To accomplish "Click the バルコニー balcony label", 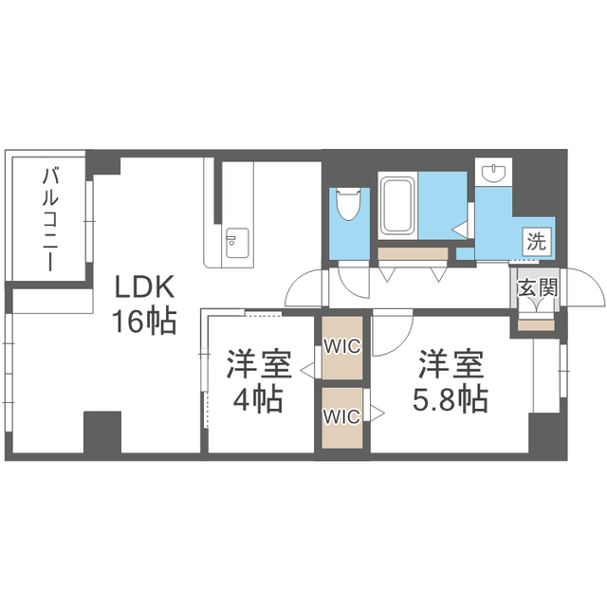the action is pos(50,219).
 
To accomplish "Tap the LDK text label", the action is pos(144,286).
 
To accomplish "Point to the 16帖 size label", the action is pos(144,321).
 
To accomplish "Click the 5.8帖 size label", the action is pos(451,398).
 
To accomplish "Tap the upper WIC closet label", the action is pos(342,346).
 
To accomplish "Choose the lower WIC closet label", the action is pos(342,417).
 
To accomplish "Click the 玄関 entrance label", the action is pos(538,287).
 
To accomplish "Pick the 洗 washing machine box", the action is pos(537,243).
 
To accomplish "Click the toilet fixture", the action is pos(348,203).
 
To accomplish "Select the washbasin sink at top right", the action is pos(493,172).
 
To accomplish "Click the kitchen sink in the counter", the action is pos(237,243).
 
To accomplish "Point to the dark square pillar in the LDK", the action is pos(102,432).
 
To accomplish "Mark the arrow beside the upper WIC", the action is pos(307,370).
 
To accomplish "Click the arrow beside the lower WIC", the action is pos(377,414).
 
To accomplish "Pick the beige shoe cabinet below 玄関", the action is pos(536,325).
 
